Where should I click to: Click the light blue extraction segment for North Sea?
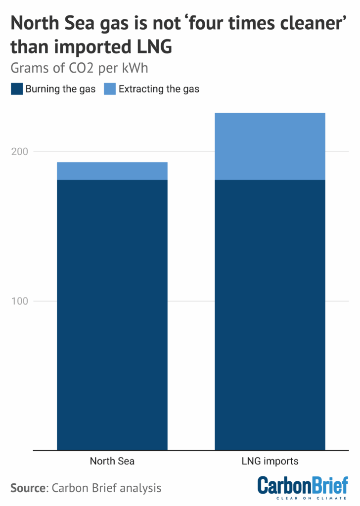click(112, 171)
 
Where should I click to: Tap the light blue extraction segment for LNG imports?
click(270, 146)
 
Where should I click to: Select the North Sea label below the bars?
click(112, 462)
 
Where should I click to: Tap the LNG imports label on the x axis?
click(270, 462)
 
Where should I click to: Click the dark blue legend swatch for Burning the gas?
click(16, 89)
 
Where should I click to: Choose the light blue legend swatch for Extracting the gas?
click(109, 89)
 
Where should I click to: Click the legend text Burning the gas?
click(60, 89)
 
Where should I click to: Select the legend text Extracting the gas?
click(159, 89)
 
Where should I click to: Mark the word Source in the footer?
click(28, 488)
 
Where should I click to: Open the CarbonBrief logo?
click(303, 485)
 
